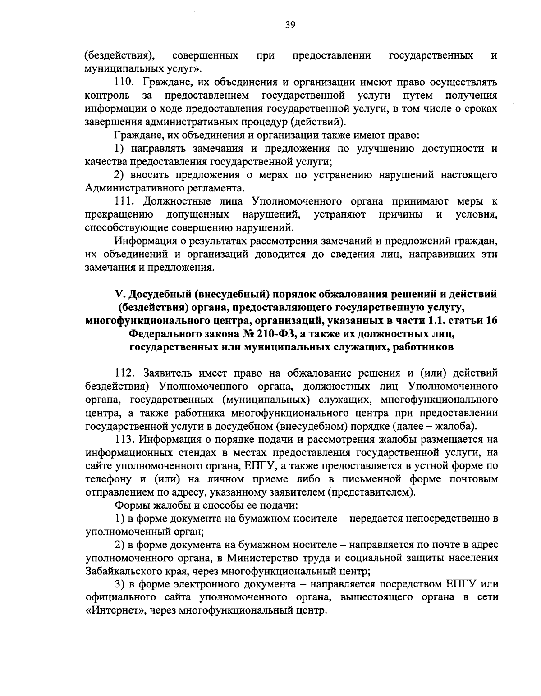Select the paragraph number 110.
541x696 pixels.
click(x=124, y=82)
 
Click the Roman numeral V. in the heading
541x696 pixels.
click(x=120, y=294)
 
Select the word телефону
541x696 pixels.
click(x=105, y=479)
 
